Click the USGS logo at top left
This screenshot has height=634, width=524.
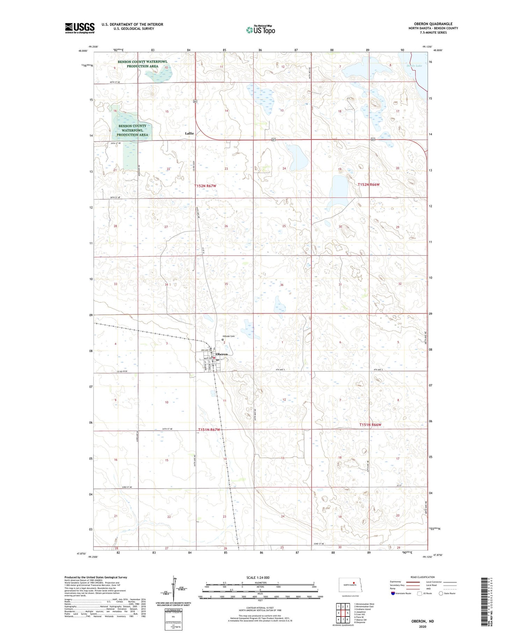(80, 28)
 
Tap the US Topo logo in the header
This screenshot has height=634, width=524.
(260, 30)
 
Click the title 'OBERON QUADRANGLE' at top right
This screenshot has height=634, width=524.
(433, 24)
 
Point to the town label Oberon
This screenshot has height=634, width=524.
(221, 354)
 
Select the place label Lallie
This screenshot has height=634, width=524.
(189, 133)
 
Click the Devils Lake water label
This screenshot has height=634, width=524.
(414, 66)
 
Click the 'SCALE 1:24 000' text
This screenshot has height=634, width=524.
(258, 577)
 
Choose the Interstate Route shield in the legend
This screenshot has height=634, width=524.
(393, 593)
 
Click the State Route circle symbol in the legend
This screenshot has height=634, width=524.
(441, 593)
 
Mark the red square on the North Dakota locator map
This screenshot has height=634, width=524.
(354, 583)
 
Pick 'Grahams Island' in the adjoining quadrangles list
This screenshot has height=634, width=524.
(363, 609)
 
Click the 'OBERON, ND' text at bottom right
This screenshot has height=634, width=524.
(422, 621)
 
